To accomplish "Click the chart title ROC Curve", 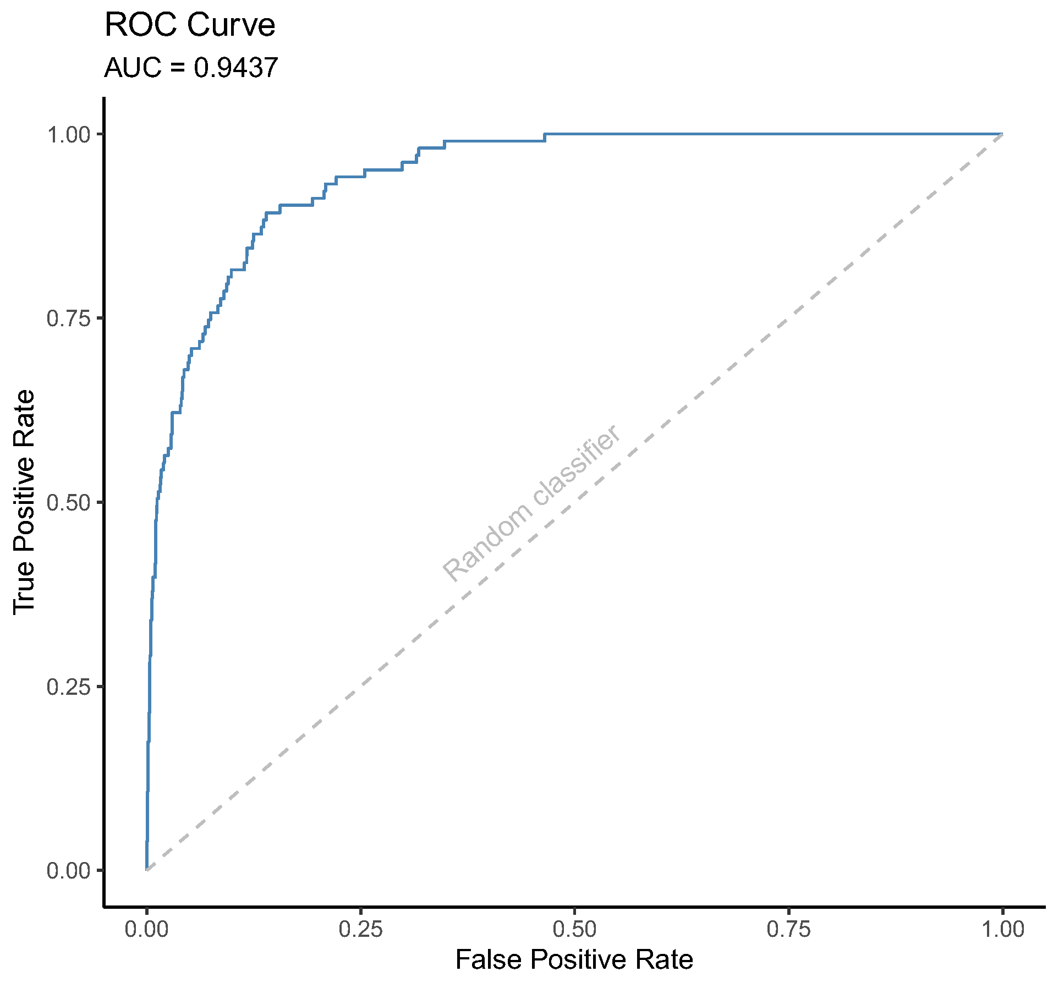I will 190,25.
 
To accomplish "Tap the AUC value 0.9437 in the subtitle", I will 235,68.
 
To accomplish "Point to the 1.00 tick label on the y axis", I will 68,134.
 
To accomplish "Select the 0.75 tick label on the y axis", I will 68,319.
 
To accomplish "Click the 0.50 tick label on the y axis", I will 68,503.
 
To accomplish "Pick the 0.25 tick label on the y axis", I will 68,687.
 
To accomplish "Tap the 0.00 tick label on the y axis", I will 68,871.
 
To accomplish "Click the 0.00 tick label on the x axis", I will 146,929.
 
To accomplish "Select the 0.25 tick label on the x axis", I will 360,929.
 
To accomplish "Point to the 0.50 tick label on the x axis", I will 574,929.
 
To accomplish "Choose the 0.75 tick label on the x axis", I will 788,929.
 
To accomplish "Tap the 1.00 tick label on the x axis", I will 1002,929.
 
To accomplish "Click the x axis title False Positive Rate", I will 574,960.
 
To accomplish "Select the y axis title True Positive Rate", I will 25,501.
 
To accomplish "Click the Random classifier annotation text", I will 533,503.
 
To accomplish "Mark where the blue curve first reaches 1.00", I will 545,134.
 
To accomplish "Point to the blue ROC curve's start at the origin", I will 146,870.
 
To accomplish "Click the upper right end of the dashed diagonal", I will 1001,135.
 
